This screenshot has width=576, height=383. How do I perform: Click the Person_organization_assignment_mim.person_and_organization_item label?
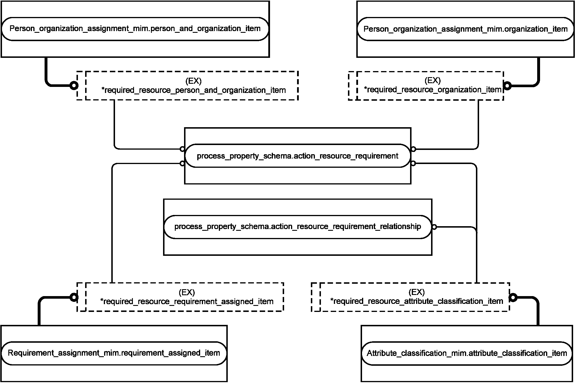135,29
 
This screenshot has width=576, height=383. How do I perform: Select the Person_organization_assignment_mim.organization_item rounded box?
465,29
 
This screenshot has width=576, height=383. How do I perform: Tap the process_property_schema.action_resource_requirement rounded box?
298,156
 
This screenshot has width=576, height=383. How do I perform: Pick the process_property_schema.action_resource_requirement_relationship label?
298,226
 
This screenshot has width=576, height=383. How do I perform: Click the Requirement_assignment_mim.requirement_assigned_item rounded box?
114,353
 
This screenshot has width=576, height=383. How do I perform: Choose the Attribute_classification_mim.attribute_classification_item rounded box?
467,353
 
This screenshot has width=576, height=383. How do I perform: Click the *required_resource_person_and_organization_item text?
194,90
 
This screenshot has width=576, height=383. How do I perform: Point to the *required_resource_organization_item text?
433,90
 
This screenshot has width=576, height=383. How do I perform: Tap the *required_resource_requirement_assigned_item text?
187,302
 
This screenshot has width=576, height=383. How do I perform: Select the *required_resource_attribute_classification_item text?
417,301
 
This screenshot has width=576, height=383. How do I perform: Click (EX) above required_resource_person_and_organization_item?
194,81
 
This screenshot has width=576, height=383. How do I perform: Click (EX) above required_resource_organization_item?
433,80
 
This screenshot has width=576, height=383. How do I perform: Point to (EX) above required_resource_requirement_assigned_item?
187,292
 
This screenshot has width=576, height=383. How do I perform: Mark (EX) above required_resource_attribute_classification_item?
417,292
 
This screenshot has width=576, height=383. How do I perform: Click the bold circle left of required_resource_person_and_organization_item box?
74,85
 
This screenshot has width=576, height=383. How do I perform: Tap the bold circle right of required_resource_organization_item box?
508,86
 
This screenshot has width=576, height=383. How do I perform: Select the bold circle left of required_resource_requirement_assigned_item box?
74,297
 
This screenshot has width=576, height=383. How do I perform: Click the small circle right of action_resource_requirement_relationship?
434,227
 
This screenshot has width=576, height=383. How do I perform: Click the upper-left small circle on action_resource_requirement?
182,149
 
